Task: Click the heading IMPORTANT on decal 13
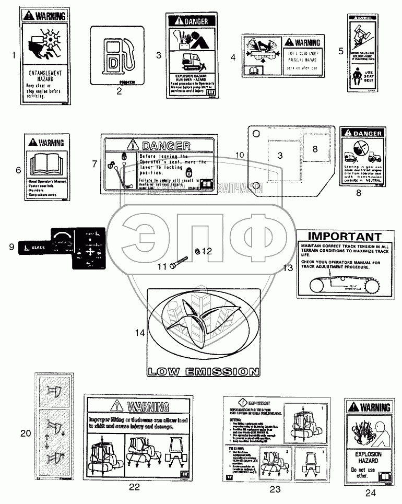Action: tap(343, 237)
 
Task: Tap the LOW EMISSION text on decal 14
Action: tap(203, 372)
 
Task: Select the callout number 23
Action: tap(275, 489)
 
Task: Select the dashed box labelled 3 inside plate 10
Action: tap(280, 155)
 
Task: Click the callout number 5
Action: tap(341, 51)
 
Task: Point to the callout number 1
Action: tap(15, 54)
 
